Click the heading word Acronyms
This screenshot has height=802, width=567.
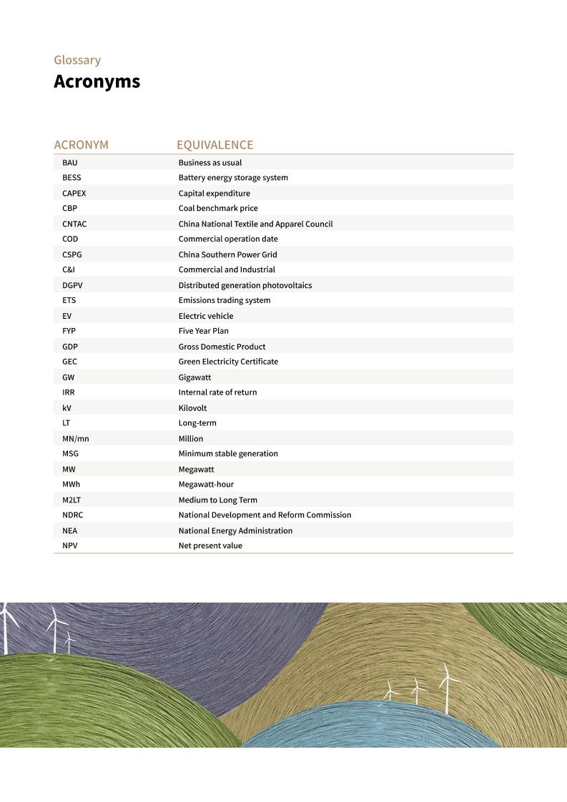point(97,82)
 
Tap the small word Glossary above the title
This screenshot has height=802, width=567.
point(77,60)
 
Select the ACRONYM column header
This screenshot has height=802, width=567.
point(81,145)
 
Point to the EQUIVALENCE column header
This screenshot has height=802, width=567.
point(215,145)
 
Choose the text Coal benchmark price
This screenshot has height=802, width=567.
point(218,208)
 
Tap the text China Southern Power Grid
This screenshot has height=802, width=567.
point(227,254)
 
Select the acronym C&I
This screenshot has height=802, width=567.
point(69,269)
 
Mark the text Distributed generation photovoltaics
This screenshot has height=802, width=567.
point(245,285)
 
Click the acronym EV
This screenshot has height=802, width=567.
point(66,316)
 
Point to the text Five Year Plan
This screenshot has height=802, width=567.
point(203,331)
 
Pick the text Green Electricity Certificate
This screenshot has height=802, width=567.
point(228,362)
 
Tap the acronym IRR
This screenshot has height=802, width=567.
point(69,392)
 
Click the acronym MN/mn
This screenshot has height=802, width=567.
point(75,438)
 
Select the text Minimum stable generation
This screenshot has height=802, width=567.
point(228,454)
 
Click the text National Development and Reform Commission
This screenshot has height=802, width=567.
point(265,515)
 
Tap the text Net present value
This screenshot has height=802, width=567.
point(210,545)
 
